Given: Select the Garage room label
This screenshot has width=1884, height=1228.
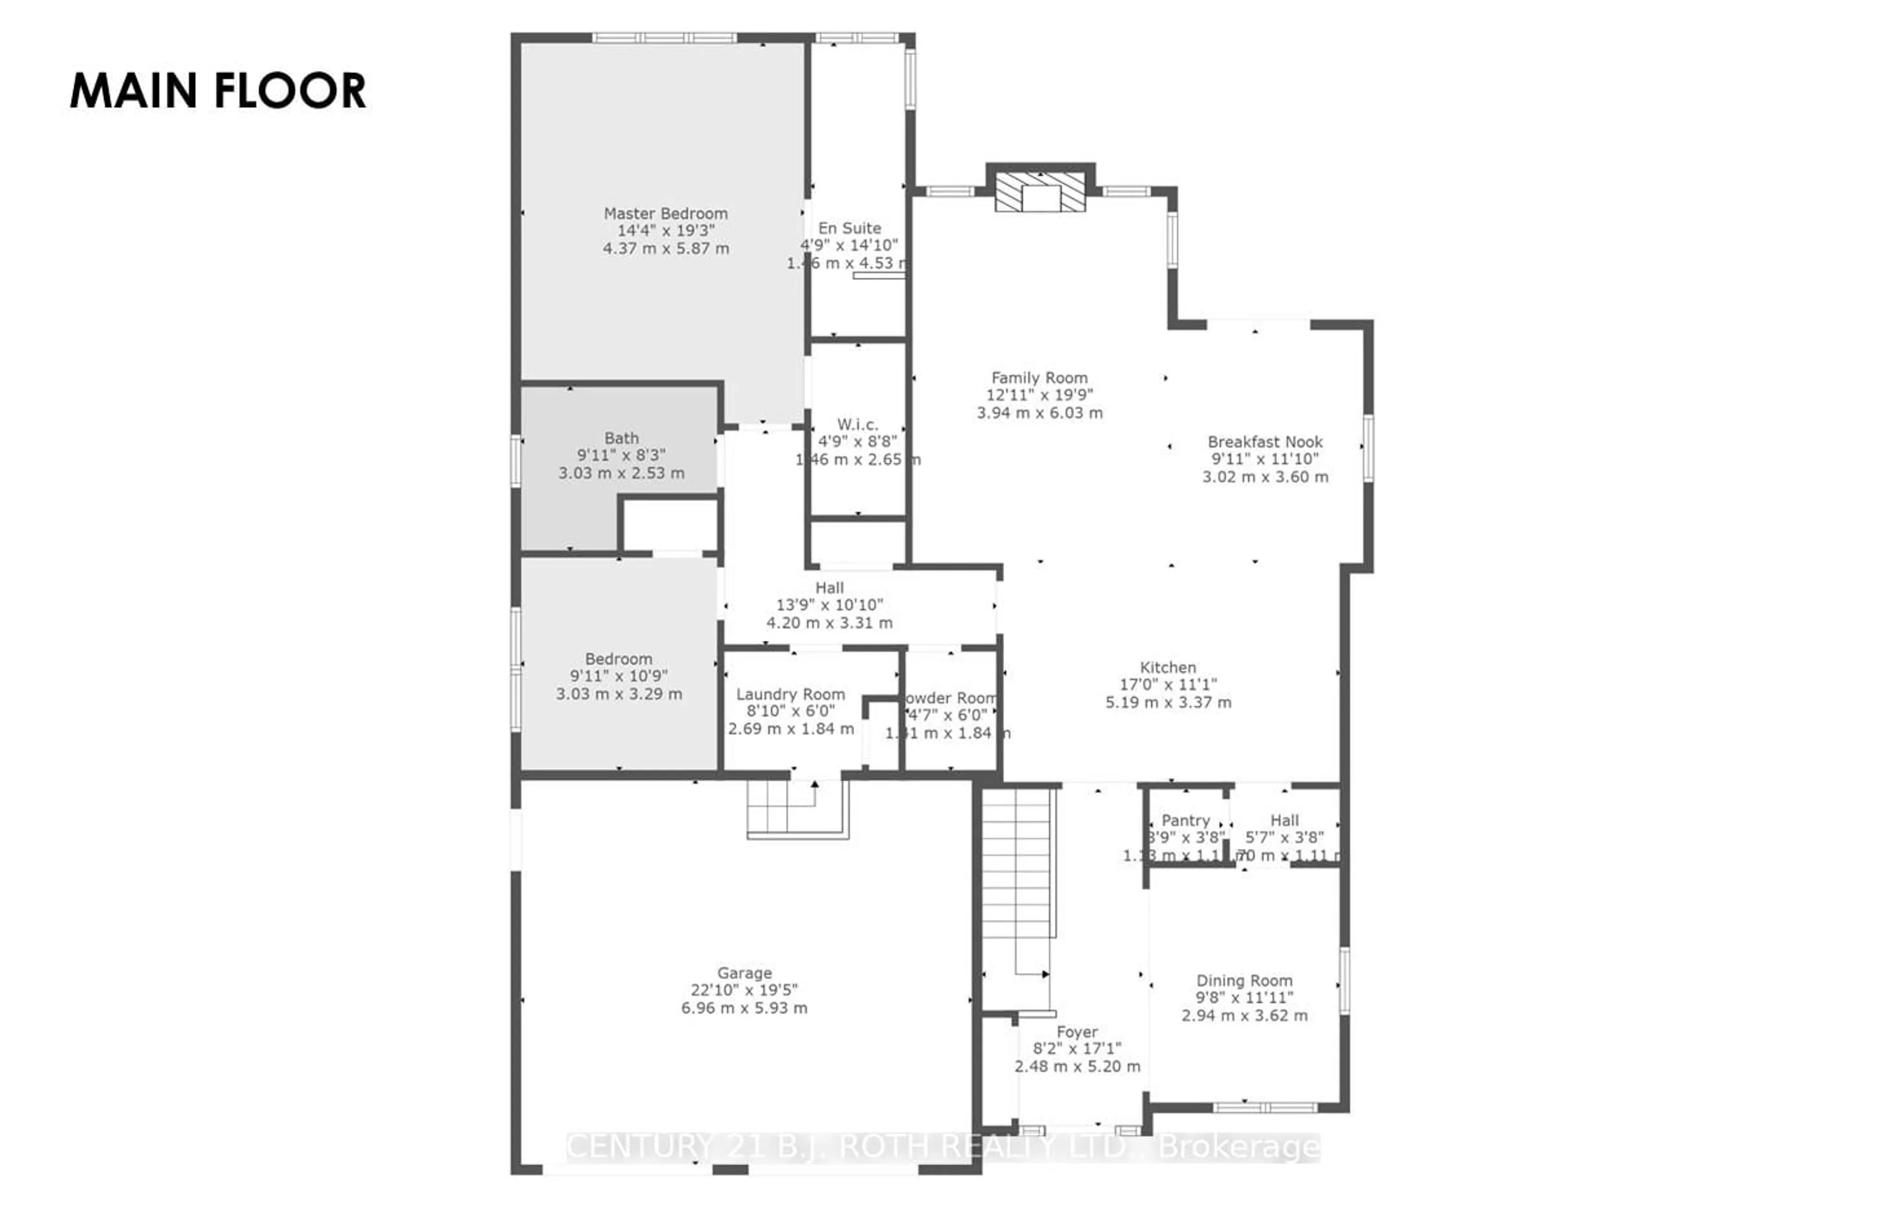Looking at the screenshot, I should coord(744,973).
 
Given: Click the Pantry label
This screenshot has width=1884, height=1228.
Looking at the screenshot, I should coord(1185,820).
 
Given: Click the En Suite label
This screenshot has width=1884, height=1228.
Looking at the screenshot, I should coord(849,229).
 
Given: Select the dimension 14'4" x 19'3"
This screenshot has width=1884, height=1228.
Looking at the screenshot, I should coord(666,231).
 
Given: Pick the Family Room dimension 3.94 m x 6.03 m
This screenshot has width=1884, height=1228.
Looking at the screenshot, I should coord(1039,413).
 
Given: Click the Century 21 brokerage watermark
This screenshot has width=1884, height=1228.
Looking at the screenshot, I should coord(942,1147).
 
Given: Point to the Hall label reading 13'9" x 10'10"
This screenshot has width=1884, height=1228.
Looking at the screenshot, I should coord(829,605).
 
